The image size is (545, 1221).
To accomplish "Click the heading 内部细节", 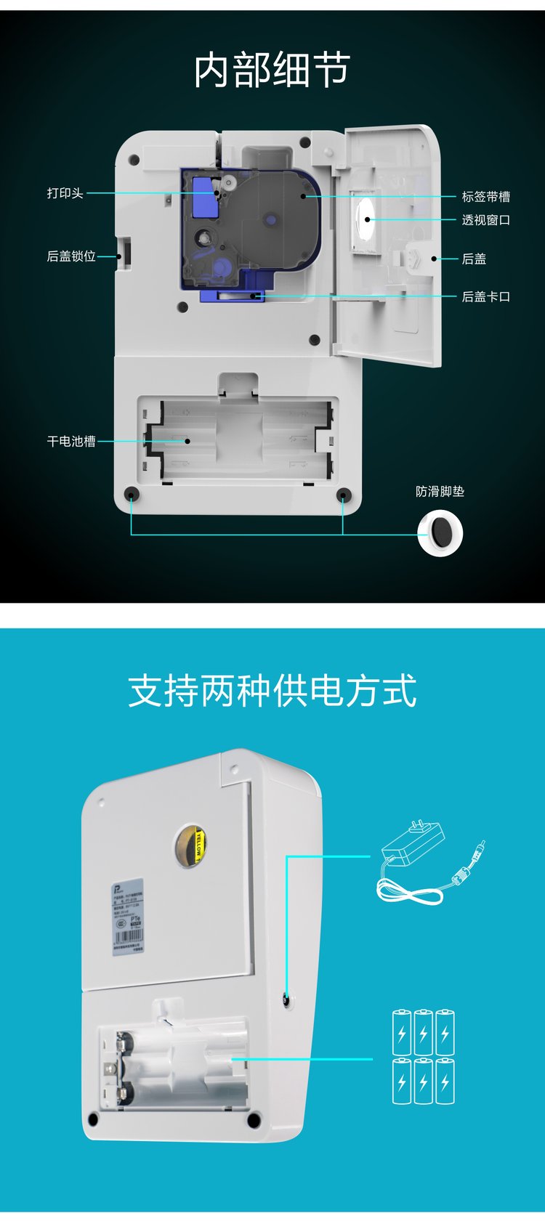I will pyautogui.click(x=272, y=70).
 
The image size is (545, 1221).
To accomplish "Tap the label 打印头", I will pyautogui.click(x=65, y=193).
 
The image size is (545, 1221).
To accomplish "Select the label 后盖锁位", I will pyautogui.click(x=70, y=256).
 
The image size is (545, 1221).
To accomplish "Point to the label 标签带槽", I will pyautogui.click(x=485, y=197).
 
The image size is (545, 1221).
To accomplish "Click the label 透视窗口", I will pyautogui.click(x=485, y=220).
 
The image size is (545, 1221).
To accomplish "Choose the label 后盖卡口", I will pyautogui.click(x=485, y=297).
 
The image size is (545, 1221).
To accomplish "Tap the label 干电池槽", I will pyautogui.click(x=70, y=441).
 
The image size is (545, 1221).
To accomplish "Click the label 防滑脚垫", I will pyautogui.click(x=440, y=492).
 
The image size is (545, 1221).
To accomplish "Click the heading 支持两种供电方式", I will pyautogui.click(x=272, y=691).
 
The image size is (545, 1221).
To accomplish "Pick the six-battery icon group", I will pyautogui.click(x=424, y=1056).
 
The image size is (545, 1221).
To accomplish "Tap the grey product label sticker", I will pyautogui.click(x=128, y=917).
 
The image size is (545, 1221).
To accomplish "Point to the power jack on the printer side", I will pyautogui.click(x=286, y=1000).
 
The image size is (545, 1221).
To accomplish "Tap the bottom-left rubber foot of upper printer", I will pyautogui.click(x=132, y=495).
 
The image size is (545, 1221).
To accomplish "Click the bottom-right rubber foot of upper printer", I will pyautogui.click(x=343, y=495).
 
